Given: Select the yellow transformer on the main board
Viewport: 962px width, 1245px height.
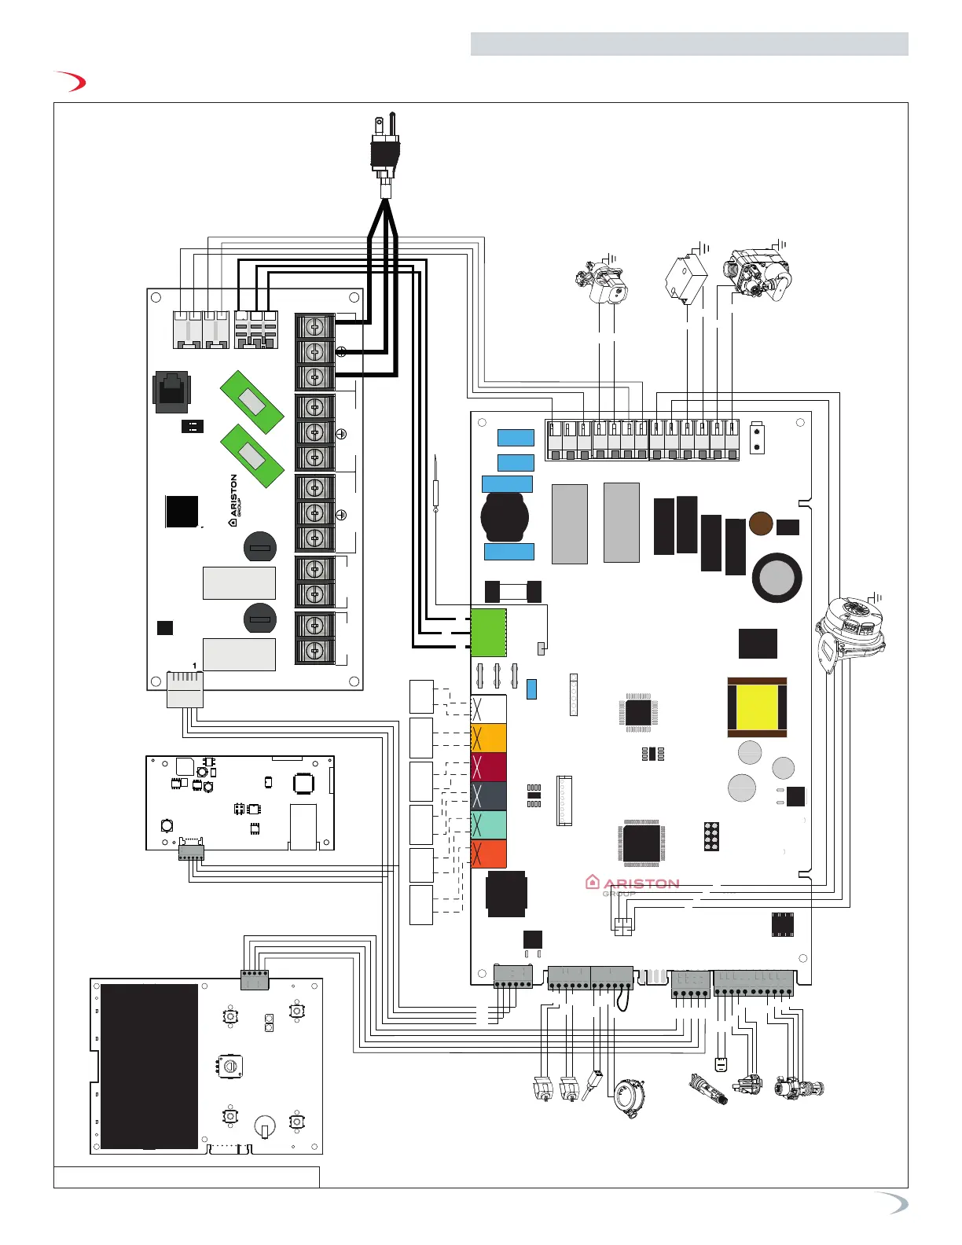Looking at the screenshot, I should [x=757, y=707].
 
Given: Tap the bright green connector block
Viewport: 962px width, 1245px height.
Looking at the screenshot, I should [x=488, y=632].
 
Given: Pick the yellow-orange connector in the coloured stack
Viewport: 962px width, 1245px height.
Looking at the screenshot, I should [x=489, y=738].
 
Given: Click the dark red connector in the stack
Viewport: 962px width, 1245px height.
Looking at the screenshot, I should [x=489, y=767].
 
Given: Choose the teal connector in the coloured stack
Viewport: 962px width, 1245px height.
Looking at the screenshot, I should [x=489, y=825].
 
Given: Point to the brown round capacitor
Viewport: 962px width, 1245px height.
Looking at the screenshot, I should [x=760, y=523].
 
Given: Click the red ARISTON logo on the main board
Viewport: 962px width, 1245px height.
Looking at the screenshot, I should [x=633, y=883].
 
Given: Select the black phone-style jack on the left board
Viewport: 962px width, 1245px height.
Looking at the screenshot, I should [x=171, y=391].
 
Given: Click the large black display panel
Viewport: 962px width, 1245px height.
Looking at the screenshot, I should [x=149, y=1067].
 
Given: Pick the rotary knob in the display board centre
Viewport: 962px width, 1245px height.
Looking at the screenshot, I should [x=229, y=1067].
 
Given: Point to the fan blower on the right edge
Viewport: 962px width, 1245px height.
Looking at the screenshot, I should [x=850, y=634].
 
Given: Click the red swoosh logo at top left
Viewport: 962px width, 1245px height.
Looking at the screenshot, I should [x=70, y=82].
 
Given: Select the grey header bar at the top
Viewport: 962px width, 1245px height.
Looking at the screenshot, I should [x=689, y=44].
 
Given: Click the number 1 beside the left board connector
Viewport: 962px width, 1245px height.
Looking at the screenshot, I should [x=194, y=666].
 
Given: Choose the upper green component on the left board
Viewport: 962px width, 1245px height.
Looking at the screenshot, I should [x=252, y=402].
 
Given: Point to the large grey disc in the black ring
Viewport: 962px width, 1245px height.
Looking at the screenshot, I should [x=777, y=578].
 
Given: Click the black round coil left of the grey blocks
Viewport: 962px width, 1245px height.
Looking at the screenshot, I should [x=505, y=517].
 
